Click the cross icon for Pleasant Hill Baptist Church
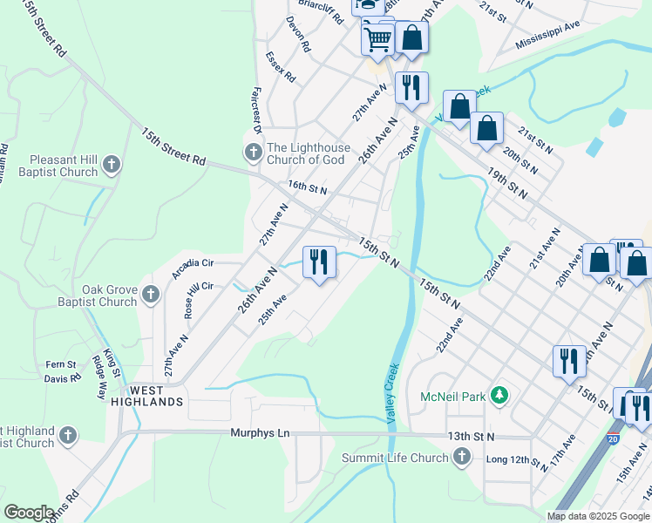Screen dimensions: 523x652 [x=111, y=164]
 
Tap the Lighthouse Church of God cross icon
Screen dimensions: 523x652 [x=253, y=153]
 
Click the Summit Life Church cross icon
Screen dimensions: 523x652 [x=461, y=457]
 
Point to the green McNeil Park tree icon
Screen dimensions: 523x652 [x=499, y=397]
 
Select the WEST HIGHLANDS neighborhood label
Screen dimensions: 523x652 [x=146, y=401]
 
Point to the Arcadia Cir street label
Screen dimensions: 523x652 [x=193, y=262]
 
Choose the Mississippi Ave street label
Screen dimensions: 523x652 [x=547, y=36]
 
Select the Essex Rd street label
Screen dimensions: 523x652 [x=282, y=66]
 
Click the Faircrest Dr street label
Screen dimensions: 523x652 [x=256, y=109]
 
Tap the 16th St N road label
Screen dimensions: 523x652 [x=307, y=188]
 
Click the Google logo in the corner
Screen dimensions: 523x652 [x=29, y=513]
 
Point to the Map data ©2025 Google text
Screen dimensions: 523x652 [x=597, y=516]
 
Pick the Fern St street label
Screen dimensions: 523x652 [x=61, y=364]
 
